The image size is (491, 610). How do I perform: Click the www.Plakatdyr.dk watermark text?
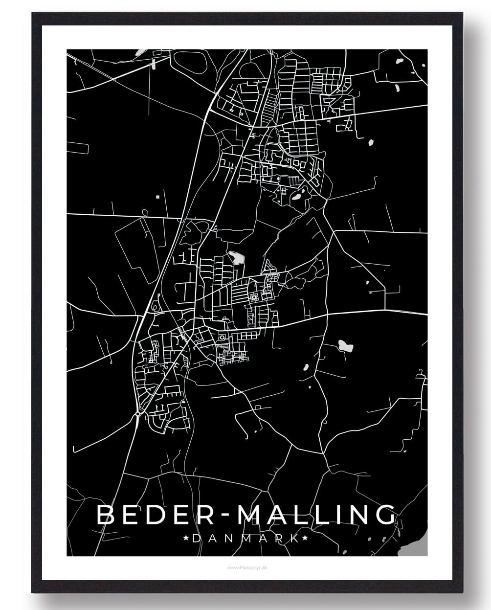[x=246, y=567]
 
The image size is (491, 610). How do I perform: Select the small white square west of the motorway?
[x=157, y=197]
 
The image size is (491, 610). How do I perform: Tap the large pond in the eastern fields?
[x=345, y=346]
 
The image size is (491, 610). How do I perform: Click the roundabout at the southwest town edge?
[x=138, y=414]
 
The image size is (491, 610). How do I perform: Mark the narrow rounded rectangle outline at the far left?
[x=78, y=145]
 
